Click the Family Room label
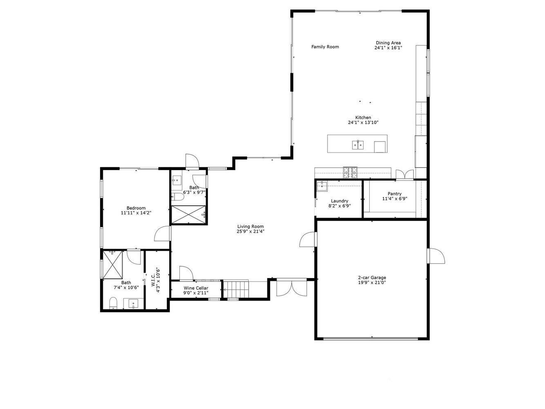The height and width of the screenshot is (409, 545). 325,47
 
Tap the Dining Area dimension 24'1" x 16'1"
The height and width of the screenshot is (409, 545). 388,48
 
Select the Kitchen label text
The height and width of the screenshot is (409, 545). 363,117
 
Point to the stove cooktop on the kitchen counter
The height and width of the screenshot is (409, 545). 350,173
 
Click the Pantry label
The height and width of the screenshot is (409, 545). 395,194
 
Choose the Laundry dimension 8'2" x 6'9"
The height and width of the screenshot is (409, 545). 339,206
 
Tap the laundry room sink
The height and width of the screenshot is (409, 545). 322,186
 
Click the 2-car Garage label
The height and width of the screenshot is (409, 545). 372,278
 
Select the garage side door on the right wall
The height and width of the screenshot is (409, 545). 436,256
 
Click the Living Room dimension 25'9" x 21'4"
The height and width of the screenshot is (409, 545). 251,231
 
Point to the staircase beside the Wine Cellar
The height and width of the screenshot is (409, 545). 236,289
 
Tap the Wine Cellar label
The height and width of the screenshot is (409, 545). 196,288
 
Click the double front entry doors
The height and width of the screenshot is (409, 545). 291,287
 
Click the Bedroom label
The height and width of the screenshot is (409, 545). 136,208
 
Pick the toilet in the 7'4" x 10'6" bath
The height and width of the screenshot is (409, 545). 113,303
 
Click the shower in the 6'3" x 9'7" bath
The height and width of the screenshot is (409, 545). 188,215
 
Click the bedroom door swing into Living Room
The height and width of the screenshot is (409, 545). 163,234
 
